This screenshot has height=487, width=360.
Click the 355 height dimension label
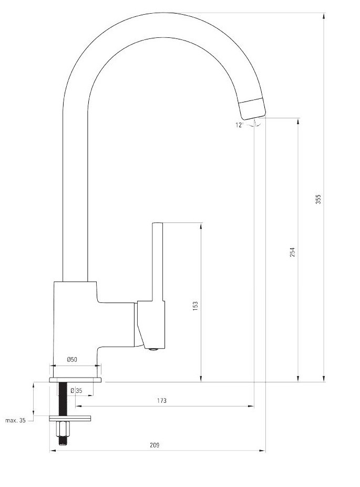tap(318, 199)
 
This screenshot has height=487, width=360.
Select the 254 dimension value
tap(293, 252)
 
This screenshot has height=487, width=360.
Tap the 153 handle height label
tap(195, 306)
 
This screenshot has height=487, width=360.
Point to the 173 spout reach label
tap(161, 401)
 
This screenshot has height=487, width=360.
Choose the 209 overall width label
tap(155, 445)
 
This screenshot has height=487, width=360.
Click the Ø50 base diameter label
tap(72, 360)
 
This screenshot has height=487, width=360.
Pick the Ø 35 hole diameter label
tap(76, 391)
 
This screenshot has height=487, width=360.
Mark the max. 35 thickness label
tap(16, 421)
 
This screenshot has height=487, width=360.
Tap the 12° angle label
tap(240, 125)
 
